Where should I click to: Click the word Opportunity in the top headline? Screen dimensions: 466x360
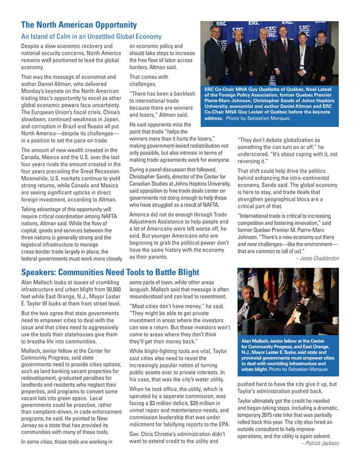(111, 25)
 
